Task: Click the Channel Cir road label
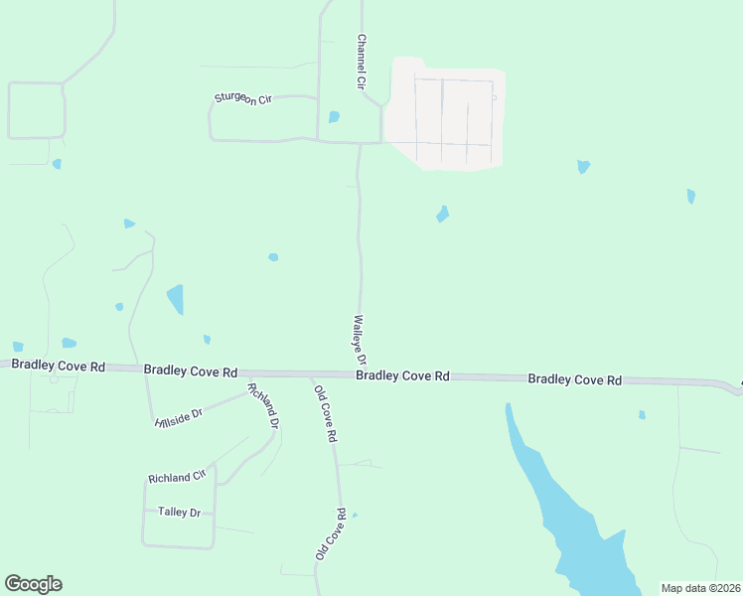pos(363,63)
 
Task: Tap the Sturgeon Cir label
pos(243,98)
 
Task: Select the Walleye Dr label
pos(360,341)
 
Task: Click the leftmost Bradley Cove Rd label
pos(59,366)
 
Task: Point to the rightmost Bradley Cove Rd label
pos(574,379)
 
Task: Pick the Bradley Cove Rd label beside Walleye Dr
pos(402,375)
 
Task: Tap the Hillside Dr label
pos(179,416)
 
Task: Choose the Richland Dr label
pos(264,405)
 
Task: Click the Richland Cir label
pos(176,478)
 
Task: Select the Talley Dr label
pos(179,512)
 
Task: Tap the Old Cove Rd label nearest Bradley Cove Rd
pos(326,413)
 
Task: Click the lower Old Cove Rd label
pos(331,534)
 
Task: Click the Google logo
pos(33,584)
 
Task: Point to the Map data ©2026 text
pos(700,588)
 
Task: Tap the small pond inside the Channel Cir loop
pos(334,117)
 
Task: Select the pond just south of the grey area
pos(442,214)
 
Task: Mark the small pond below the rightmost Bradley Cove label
pos(642,414)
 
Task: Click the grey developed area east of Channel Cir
pos(447,114)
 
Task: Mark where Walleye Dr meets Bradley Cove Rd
pos(361,373)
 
